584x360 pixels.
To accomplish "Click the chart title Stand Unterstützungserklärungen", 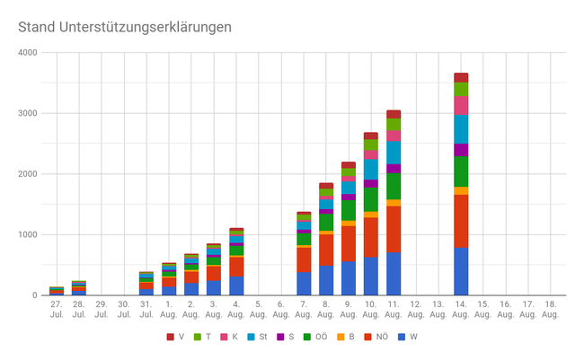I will tap(125, 27).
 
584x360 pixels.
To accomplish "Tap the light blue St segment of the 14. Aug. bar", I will tap(461, 128).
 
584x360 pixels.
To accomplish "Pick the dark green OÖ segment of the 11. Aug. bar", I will tap(394, 186).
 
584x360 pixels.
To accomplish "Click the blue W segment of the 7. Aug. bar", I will tap(304, 284).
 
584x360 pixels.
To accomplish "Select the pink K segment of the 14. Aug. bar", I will tap(461, 105).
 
